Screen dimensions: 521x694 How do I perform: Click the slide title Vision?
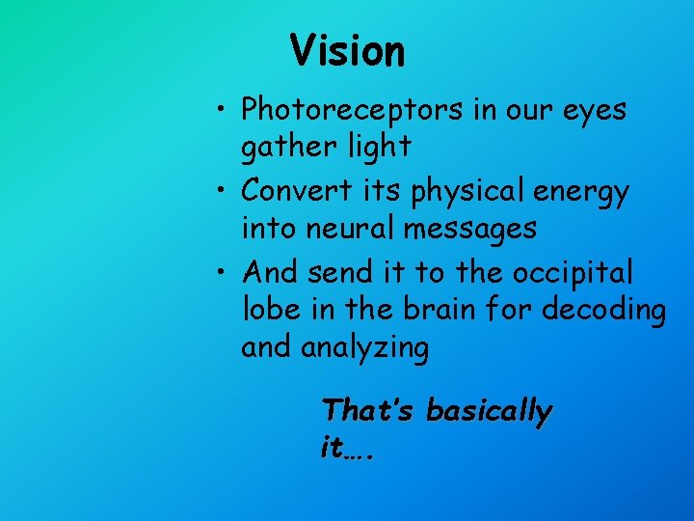click(347, 50)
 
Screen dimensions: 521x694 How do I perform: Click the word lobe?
click(267, 310)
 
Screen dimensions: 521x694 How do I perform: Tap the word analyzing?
click(365, 346)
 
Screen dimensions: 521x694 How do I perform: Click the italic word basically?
click(489, 412)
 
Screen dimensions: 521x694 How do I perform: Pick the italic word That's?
click(369, 410)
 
